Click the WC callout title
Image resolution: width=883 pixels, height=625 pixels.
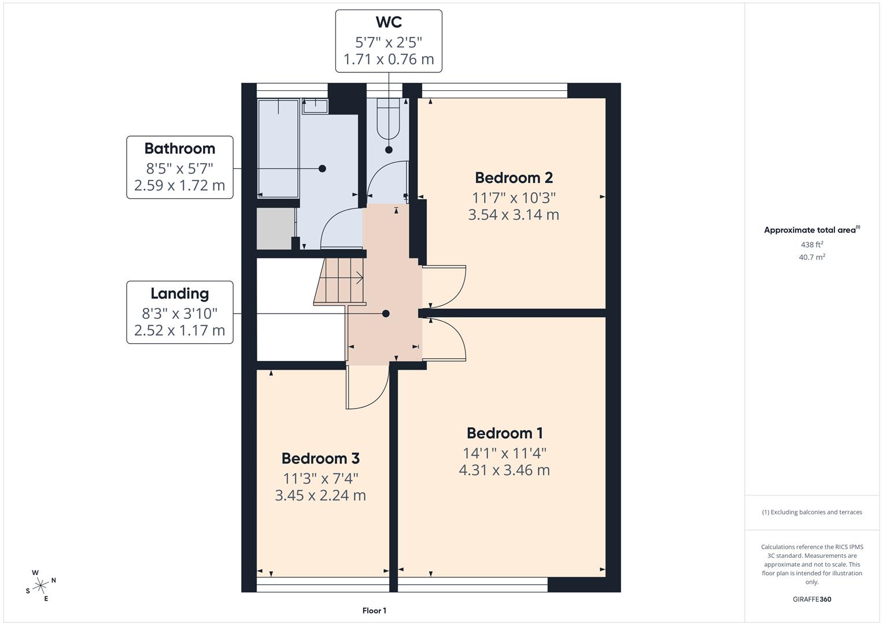pos(389,23)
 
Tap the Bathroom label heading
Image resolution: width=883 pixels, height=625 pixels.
pos(180,149)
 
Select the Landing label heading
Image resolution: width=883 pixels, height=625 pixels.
pos(180,294)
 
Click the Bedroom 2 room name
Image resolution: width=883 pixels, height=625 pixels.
pos(513,178)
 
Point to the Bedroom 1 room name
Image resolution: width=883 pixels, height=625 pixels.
pos(504,433)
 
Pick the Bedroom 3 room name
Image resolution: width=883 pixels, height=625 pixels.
pos(320,458)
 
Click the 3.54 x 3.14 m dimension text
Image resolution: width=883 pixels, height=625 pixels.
pos(513,215)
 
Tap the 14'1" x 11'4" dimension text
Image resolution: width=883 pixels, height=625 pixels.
pos(504,453)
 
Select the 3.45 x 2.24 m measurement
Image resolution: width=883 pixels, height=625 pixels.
pos(320,495)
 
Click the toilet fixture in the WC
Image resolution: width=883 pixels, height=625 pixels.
pos(388,119)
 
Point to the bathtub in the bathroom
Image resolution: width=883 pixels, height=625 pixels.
pos(278,148)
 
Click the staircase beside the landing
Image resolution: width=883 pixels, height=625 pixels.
pos(341,281)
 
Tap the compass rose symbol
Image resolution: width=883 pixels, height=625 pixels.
pos(40,585)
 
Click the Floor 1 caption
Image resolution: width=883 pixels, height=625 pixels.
pos(374,611)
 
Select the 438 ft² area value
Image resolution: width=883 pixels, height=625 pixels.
pos(812,245)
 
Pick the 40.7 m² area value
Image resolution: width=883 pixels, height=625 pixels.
pos(812,258)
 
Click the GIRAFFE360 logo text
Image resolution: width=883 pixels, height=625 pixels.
pos(812,600)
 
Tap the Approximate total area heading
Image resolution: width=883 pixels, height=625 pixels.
pos(811,230)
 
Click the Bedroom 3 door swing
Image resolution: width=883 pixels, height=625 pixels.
pos(367,388)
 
